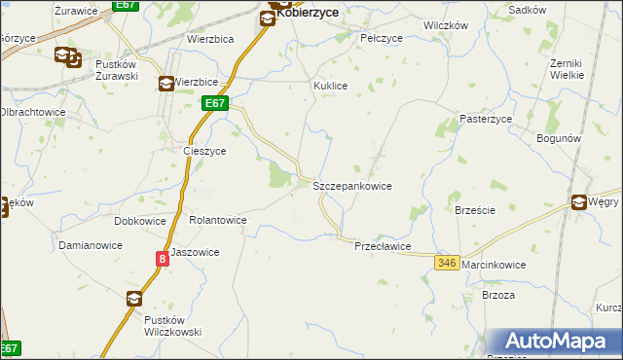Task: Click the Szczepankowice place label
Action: pos(351,185)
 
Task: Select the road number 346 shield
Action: pos(448,263)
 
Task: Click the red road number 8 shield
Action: pos(162,258)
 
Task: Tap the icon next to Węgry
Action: pos(580,202)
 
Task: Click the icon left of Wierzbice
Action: pos(165,84)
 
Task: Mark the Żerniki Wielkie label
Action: pos(567,68)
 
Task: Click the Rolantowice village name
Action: pos(217,220)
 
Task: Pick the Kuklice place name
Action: pos(330,86)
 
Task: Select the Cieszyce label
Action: pos(205,152)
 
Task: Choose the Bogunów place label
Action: pos(559,138)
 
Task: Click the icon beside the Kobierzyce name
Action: pos(267,17)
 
